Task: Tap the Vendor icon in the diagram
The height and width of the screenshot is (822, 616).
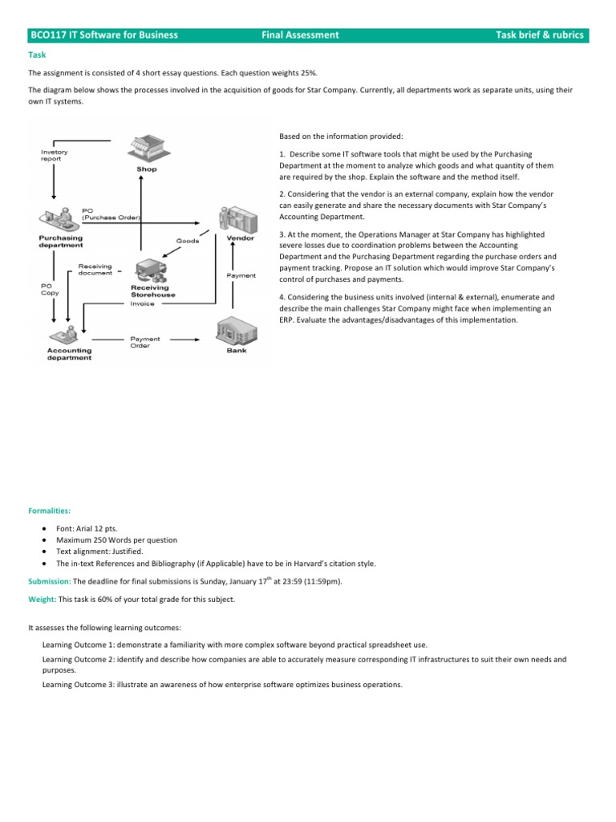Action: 240,217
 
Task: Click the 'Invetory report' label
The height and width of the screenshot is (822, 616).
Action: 55,155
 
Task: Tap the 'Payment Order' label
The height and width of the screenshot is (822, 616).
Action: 145,342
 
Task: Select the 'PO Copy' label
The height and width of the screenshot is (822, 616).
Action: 49,289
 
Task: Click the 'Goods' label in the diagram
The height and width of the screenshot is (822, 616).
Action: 188,240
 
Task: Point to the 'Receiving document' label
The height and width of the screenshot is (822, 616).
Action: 95,270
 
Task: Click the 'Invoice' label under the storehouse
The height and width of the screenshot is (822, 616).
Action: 142,303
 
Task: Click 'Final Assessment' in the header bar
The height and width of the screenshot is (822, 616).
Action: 300,35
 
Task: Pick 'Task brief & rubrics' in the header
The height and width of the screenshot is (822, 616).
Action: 540,35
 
